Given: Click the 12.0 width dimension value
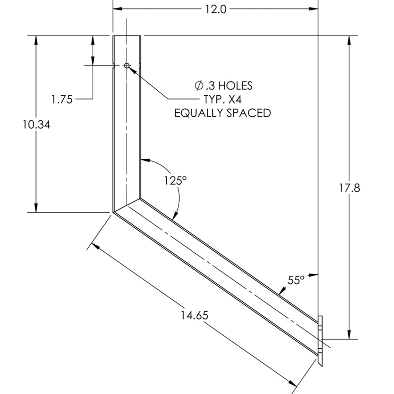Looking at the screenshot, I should click(216, 9).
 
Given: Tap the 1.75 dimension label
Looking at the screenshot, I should click(62, 99).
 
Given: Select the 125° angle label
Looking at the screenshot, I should click(175, 180).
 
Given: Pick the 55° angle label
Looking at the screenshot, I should click(296, 280).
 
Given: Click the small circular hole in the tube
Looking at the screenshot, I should click(127, 65).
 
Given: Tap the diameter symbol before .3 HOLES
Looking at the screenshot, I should click(199, 85).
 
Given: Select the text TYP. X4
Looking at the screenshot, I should click(223, 99).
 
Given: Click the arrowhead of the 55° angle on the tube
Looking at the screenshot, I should click(280, 292).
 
